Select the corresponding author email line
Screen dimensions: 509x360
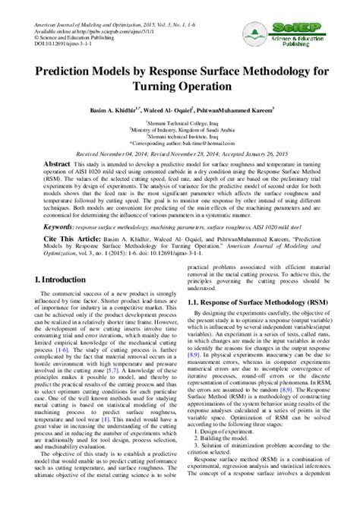pyautogui.click(x=180, y=141)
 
